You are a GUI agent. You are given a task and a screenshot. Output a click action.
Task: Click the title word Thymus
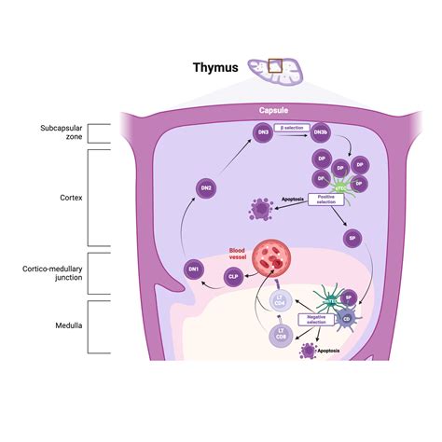[215, 67]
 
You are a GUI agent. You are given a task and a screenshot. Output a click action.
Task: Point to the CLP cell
[233, 277]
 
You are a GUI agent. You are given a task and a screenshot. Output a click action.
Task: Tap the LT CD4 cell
[277, 303]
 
